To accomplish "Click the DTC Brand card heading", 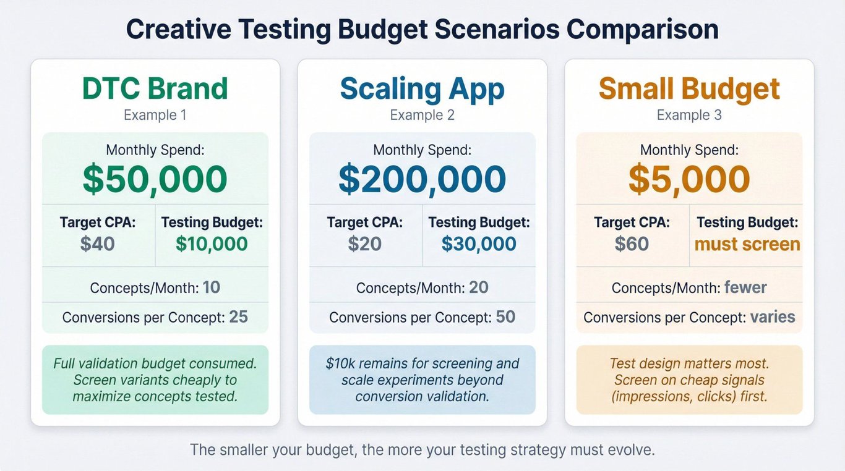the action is tap(155, 88).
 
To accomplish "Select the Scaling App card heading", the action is tap(422, 90).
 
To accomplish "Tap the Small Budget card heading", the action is tap(689, 90).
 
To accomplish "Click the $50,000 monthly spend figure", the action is tap(155, 179).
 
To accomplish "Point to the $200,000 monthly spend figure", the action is tap(422, 179).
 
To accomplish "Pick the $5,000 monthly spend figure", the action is tap(689, 179).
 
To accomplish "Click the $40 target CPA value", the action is tap(97, 244).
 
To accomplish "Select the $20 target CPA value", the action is tap(364, 244).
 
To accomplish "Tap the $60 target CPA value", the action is tap(632, 244).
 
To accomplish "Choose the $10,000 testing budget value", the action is tap(212, 244).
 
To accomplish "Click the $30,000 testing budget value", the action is tap(479, 244).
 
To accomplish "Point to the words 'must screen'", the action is tap(747, 244).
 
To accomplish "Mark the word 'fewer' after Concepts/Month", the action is tap(745, 287).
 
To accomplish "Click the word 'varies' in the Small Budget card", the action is tap(773, 317).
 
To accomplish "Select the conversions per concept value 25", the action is tap(238, 317).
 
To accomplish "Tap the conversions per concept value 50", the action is tap(505, 317).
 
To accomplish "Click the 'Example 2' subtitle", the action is tap(422, 115).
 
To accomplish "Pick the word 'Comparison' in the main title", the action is tap(643, 30).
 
